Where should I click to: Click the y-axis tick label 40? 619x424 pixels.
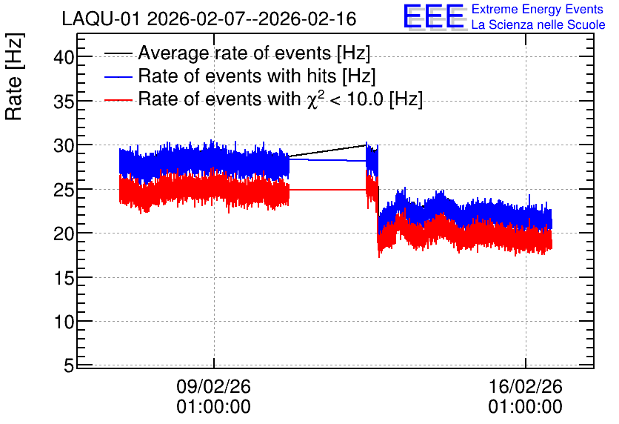click(x=64, y=58)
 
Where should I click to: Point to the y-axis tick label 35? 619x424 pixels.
click(x=64, y=102)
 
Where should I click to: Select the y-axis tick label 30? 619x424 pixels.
click(x=64, y=146)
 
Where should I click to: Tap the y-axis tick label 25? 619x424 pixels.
click(x=64, y=191)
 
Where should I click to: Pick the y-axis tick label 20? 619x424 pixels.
click(x=64, y=234)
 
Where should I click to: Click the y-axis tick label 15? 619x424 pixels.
click(x=64, y=279)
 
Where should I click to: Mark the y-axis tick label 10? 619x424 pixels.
click(x=64, y=322)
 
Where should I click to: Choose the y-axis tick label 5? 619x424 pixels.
click(x=69, y=366)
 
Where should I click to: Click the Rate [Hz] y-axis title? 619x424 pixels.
click(x=14, y=77)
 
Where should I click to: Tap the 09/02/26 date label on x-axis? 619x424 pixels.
click(x=213, y=386)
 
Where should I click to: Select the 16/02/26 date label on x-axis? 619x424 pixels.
click(x=526, y=386)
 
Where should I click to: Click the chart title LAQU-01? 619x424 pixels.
click(x=101, y=19)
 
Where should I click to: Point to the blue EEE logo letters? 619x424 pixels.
click(x=434, y=16)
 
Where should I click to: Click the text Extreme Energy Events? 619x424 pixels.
click(x=538, y=9)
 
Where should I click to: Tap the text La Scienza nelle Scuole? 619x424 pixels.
click(x=538, y=24)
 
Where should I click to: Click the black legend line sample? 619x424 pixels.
click(x=118, y=53)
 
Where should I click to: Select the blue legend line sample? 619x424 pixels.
click(x=118, y=76)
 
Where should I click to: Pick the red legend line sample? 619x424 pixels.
click(x=118, y=99)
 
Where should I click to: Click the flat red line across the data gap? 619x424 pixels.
click(x=328, y=190)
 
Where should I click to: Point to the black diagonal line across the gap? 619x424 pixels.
click(x=328, y=151)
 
